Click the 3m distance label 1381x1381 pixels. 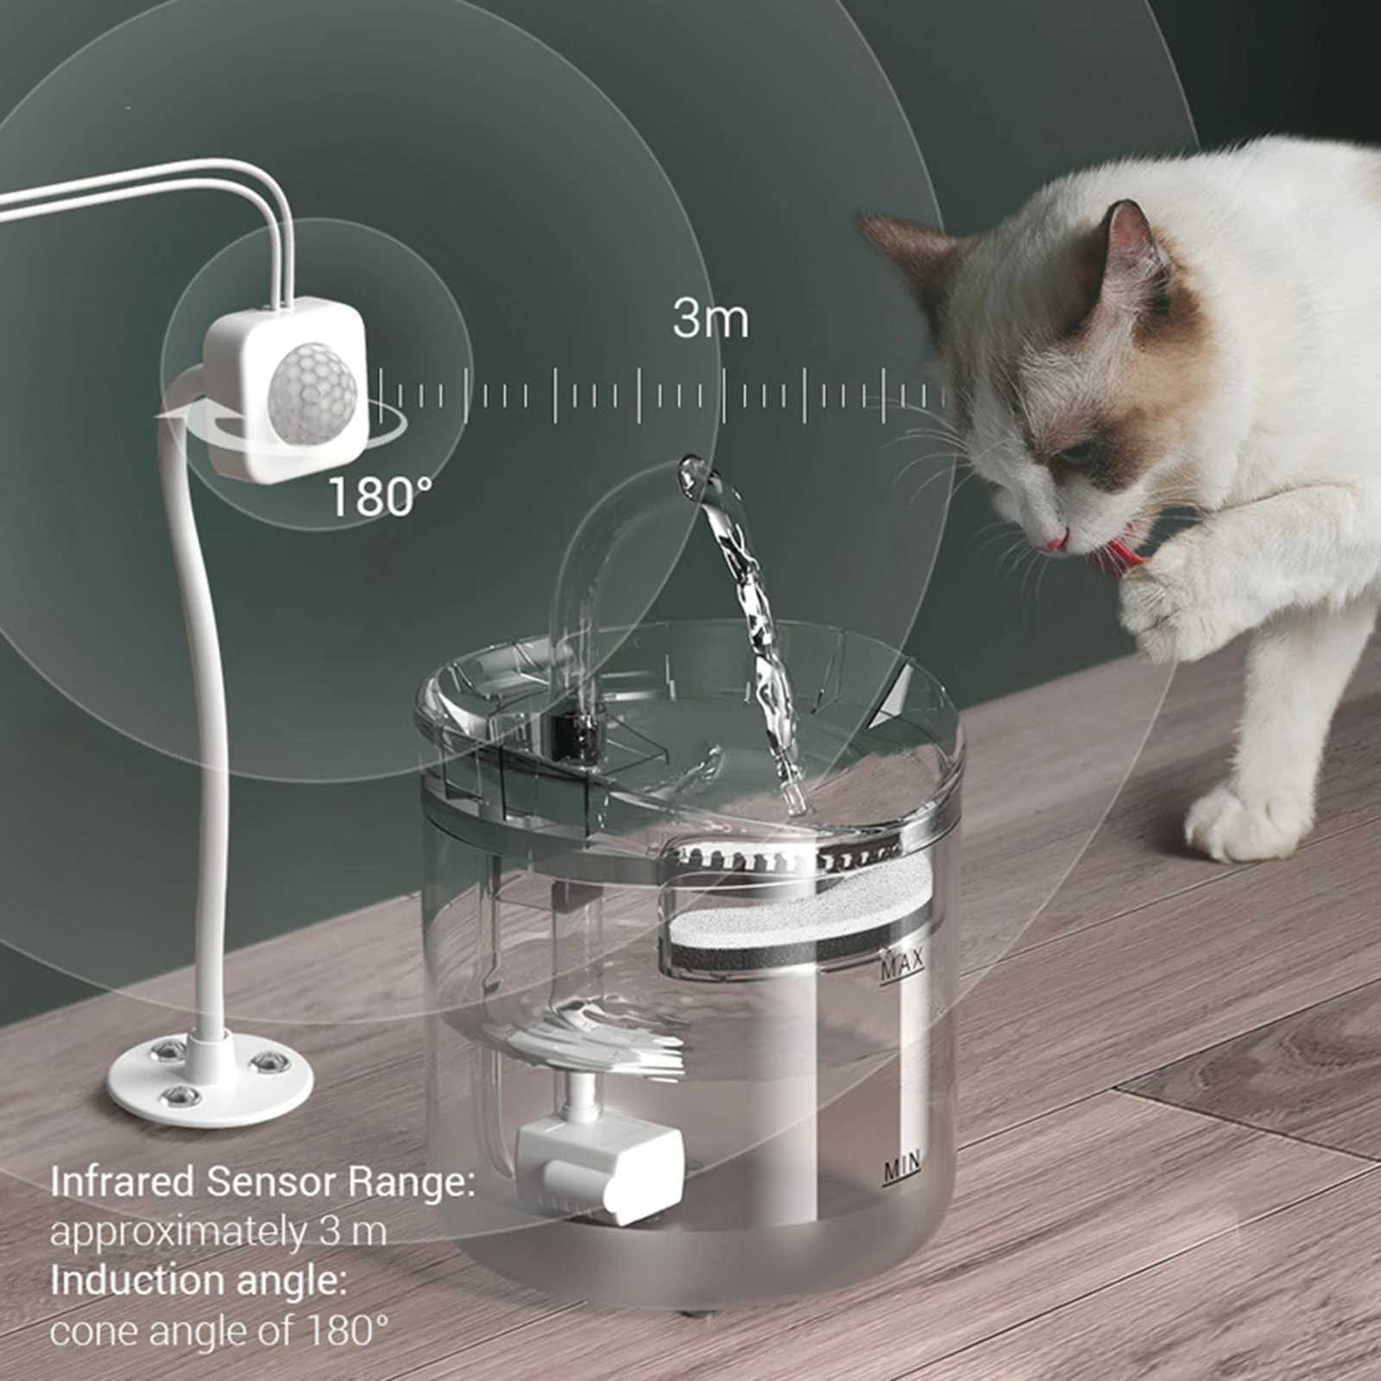point(710,320)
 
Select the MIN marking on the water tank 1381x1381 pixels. point(901,1169)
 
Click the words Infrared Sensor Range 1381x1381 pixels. point(262,1182)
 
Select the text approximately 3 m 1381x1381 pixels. point(218,1232)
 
